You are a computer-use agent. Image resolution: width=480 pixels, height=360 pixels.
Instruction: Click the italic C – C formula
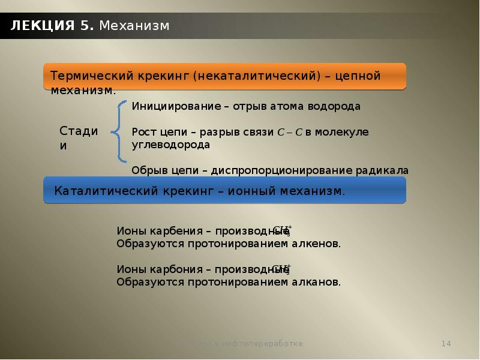[290, 131]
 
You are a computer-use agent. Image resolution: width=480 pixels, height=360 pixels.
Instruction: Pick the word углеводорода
[171, 145]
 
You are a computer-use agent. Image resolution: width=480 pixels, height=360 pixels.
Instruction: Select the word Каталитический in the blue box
[105, 191]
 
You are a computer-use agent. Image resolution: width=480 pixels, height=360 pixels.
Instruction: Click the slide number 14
[446, 344]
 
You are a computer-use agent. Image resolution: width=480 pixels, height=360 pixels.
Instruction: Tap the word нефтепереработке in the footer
[269, 344]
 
